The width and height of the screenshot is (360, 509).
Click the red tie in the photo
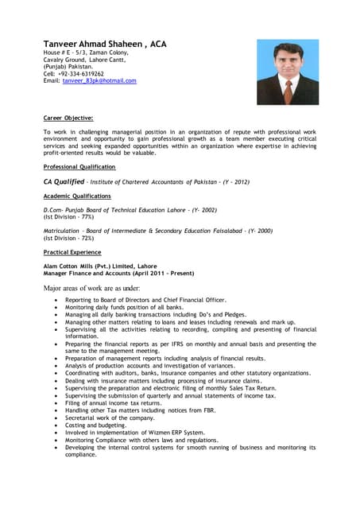coord(287,90)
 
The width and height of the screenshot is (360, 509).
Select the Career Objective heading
coord(68,118)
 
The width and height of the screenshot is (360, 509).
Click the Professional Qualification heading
coord(79,167)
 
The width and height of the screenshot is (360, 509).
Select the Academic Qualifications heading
coord(77,196)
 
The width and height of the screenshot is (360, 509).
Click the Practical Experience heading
coord(72,251)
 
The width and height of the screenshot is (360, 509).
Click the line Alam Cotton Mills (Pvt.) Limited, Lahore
coord(99,266)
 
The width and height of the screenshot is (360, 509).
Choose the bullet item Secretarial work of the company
coord(110,418)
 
